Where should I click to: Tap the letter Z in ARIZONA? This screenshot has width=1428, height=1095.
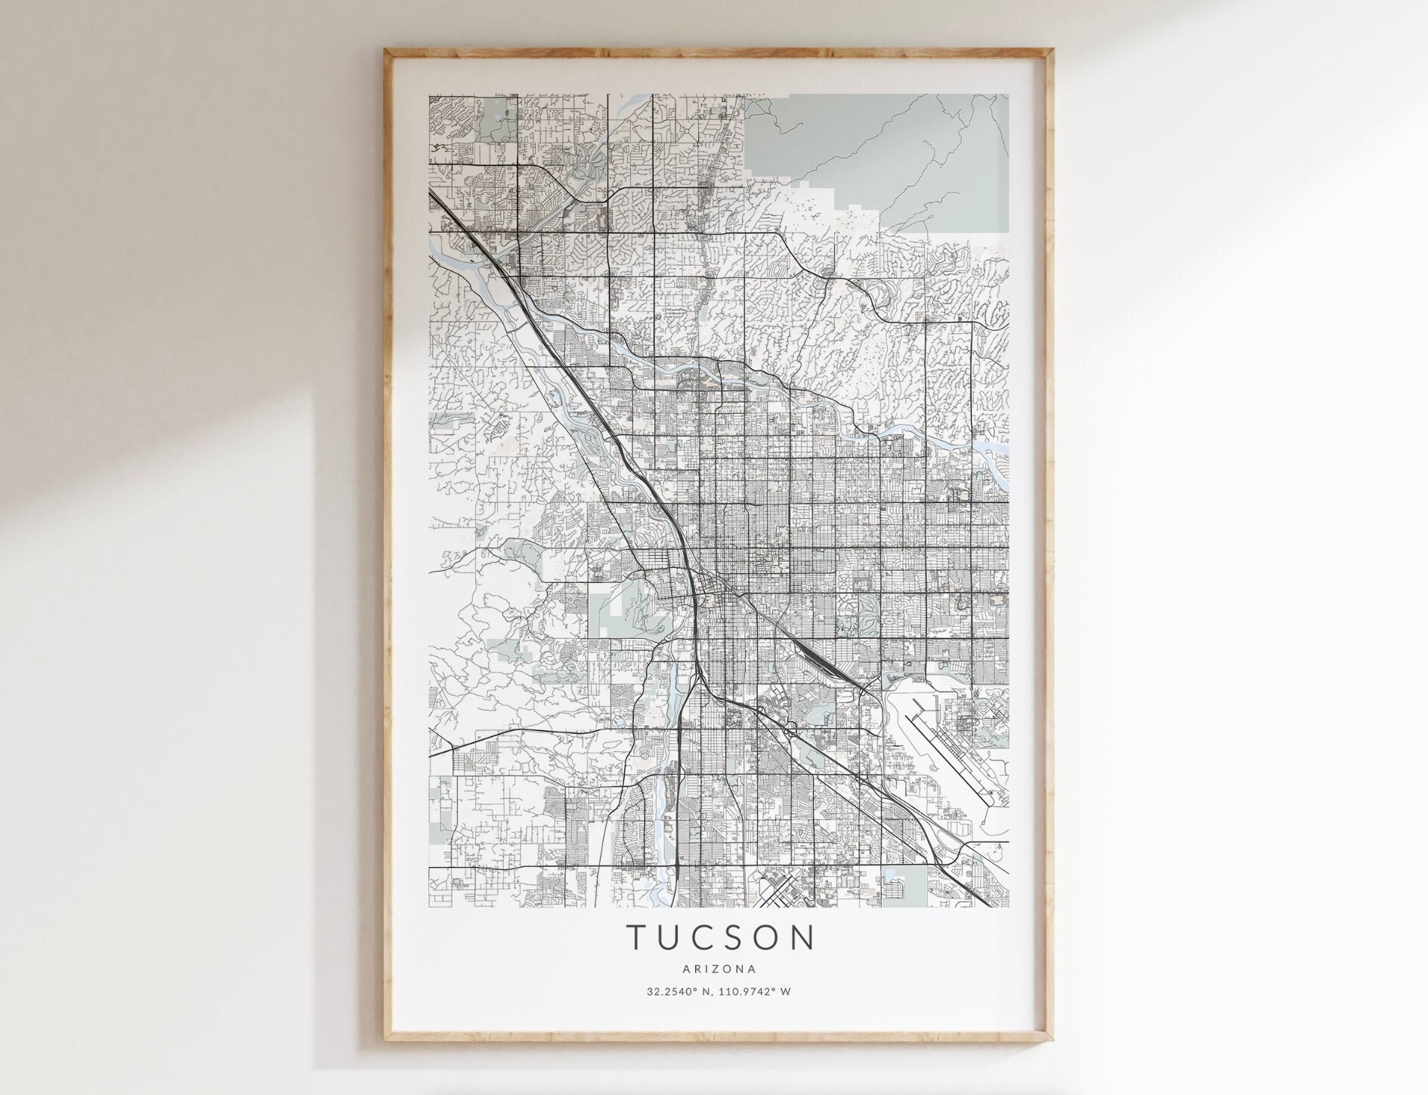click(719, 968)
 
